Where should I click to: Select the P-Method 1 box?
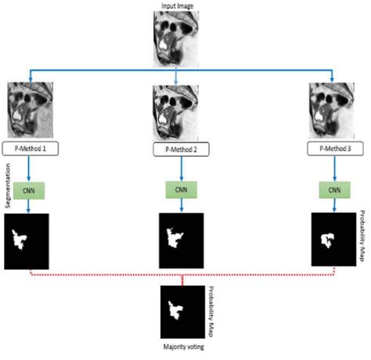click(31, 146)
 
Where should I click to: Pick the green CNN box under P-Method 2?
click(178, 189)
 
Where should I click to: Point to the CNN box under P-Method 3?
click(333, 189)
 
